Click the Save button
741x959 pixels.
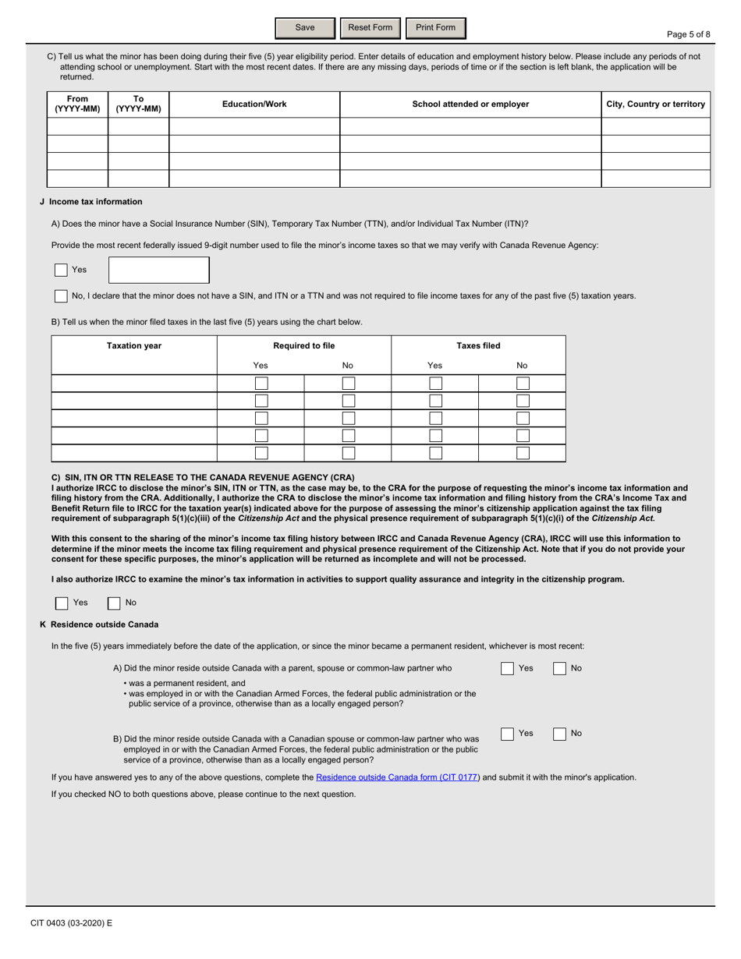coord(304,28)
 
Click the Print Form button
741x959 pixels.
coord(435,28)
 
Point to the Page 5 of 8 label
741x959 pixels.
coord(689,34)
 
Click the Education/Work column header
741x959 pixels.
coord(254,104)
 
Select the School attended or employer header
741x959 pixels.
coord(470,104)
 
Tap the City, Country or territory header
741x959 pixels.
coord(656,104)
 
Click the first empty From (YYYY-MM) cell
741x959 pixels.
coord(77,126)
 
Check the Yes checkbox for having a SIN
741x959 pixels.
coord(61,270)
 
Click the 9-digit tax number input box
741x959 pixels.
coord(159,270)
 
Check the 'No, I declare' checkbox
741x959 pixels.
coord(61,296)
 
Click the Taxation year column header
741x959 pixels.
coord(134,346)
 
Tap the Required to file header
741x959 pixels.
coord(303,346)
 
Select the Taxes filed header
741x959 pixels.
coord(478,346)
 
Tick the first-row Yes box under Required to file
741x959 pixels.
coord(261,384)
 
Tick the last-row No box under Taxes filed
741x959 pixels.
coord(523,453)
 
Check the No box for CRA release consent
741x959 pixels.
coord(114,603)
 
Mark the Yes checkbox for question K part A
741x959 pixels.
coord(507,668)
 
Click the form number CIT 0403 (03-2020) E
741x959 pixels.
coord(72,923)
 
